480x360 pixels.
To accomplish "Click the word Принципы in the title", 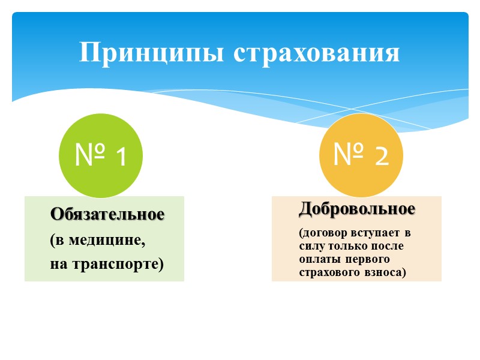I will coord(152,53).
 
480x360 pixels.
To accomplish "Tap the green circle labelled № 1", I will coord(101,156).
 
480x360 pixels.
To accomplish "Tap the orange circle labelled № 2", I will coord(361,155).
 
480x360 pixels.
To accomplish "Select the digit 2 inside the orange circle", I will coord(379,156).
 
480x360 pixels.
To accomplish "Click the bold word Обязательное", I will coord(107,214).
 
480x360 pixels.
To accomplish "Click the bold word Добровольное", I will coord(357,209).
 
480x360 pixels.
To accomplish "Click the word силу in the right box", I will coord(310,246).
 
